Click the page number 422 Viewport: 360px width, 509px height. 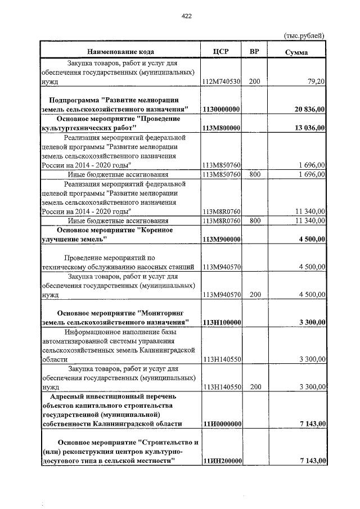tap(187, 16)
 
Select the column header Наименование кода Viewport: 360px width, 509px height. tap(120, 52)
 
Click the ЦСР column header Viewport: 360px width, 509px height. tap(220, 52)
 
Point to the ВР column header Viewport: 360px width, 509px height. tap(254, 52)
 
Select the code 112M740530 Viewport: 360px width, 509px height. tap(222, 82)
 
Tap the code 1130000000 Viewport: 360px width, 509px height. tap(222, 109)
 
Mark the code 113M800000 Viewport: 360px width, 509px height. tap(222, 128)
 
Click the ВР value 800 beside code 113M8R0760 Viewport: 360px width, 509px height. tap(255, 220)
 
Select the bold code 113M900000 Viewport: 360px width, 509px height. tap(222, 240)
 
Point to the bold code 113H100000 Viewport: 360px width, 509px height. tap(222, 322)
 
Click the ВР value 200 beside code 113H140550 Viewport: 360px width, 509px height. tap(255, 387)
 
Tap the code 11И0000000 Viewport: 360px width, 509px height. tap(222, 424)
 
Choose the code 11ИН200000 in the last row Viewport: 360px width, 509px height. tap(222, 461)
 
